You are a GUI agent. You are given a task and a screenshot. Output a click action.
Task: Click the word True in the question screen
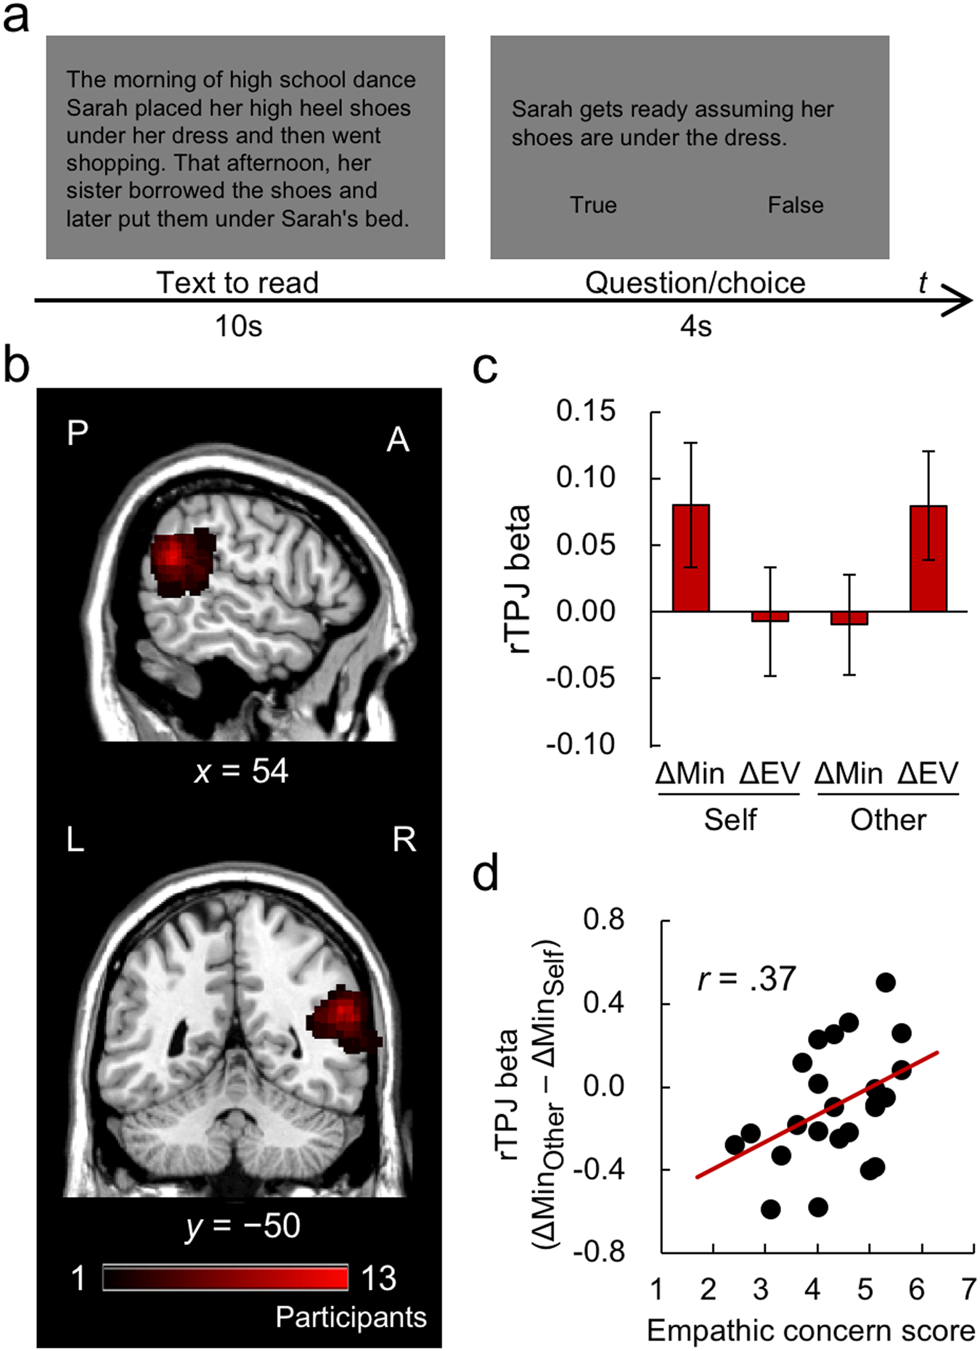[593, 205]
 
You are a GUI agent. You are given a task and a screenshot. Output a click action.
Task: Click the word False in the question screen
[796, 205]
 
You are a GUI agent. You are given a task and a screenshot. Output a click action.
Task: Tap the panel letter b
[16, 365]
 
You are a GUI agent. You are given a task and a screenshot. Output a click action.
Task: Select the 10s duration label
[238, 327]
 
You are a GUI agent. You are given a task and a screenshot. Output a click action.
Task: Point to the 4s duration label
[695, 327]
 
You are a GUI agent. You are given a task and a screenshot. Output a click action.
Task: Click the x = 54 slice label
[241, 771]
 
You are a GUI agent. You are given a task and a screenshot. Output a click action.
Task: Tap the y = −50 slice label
[242, 1225]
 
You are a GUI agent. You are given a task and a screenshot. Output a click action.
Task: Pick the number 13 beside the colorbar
[378, 1278]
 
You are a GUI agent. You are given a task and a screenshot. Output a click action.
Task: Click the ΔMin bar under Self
[690, 557]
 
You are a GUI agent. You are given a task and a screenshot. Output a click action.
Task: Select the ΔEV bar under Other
[928, 558]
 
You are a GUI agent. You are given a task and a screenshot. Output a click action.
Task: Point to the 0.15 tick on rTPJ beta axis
[585, 411]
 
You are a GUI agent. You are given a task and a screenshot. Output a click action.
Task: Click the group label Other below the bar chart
[888, 820]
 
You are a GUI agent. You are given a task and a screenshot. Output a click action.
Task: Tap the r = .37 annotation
[746, 979]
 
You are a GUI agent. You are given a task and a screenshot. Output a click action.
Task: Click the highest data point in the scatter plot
[885, 982]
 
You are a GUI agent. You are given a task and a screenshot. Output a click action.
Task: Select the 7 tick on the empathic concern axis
[968, 1289]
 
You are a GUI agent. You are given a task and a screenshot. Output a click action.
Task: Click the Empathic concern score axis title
[810, 1331]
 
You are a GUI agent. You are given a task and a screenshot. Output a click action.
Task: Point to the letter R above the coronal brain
[404, 839]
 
